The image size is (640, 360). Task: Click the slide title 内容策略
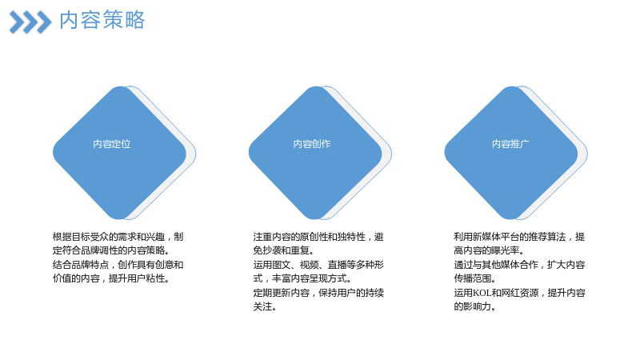click(102, 20)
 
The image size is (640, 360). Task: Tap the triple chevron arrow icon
click(30, 22)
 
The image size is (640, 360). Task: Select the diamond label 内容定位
click(112, 144)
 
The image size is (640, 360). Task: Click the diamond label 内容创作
click(312, 144)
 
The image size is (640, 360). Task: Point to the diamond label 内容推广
click(510, 144)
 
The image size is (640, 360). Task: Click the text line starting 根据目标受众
click(118, 237)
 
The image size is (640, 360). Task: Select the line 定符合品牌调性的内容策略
click(111, 250)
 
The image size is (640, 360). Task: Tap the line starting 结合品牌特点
click(118, 265)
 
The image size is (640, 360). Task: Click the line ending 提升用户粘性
click(111, 278)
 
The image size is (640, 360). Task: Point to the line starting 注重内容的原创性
click(318, 237)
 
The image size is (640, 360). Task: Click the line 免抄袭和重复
click(283, 250)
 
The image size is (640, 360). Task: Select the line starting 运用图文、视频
click(318, 265)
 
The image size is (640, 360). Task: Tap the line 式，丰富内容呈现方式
click(302, 278)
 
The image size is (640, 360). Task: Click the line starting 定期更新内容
click(318, 293)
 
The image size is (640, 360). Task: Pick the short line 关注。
click(265, 306)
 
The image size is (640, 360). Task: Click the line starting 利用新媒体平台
click(519, 237)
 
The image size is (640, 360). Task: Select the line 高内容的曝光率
click(489, 250)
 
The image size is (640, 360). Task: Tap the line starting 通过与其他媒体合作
click(519, 265)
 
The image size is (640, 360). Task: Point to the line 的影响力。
click(474, 306)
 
